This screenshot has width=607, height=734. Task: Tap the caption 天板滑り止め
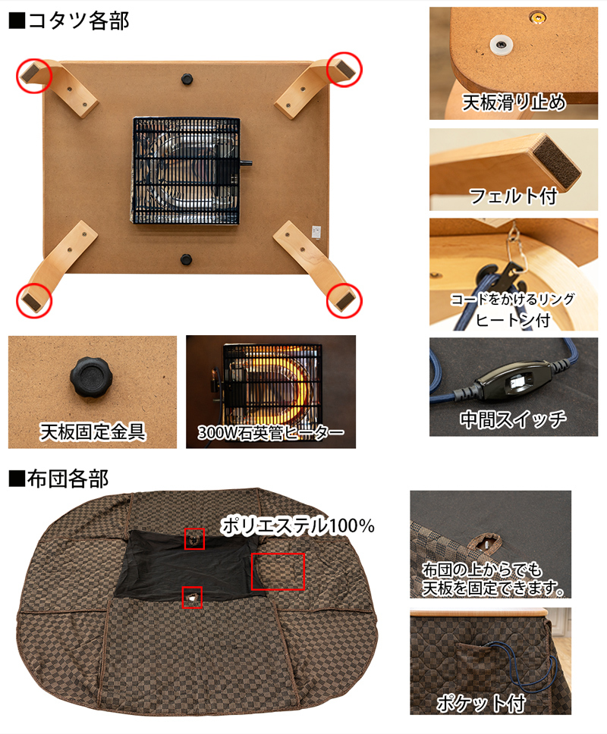click(x=514, y=102)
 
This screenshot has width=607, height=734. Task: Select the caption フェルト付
click(x=514, y=196)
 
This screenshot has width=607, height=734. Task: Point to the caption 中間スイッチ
click(x=513, y=419)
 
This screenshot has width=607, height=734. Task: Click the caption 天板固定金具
click(x=93, y=431)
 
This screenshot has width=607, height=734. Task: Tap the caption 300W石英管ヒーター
click(x=271, y=432)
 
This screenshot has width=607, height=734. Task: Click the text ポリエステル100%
click(x=297, y=525)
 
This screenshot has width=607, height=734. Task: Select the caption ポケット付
click(x=481, y=703)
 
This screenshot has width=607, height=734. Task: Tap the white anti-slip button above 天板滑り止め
click(x=501, y=45)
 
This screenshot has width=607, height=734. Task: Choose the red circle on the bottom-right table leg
click(x=344, y=300)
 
